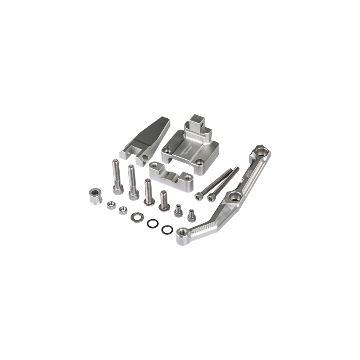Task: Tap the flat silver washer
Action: click(135, 217)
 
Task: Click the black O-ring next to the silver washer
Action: click(152, 223)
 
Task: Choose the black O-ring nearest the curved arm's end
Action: click(166, 229)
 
